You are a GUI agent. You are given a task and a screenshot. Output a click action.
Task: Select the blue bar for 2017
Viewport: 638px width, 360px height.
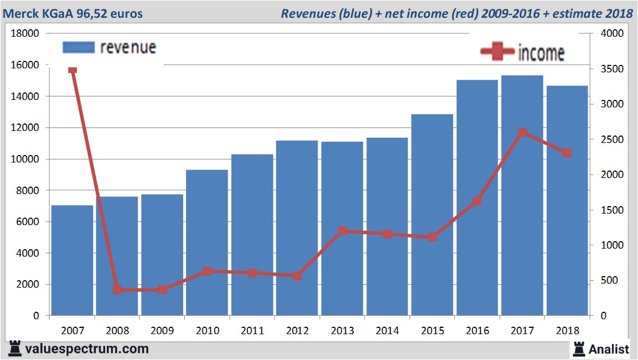pos(522,195)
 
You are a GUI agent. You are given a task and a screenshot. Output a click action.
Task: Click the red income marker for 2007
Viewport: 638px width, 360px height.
pos(72,70)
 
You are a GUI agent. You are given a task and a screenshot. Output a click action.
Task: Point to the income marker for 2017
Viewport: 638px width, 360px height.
pos(522,133)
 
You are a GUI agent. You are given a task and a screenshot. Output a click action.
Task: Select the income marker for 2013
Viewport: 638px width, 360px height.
pos(342,231)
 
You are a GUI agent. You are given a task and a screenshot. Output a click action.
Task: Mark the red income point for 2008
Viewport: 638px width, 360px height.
pos(117,289)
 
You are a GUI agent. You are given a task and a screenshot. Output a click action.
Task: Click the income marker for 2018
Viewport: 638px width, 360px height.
pos(567,153)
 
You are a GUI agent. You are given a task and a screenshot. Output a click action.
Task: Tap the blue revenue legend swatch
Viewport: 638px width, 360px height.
pos(78,48)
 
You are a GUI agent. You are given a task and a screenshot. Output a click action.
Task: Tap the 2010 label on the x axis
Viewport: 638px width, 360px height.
pos(207,331)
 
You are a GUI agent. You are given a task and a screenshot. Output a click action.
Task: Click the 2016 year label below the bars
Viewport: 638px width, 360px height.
pos(477,331)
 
